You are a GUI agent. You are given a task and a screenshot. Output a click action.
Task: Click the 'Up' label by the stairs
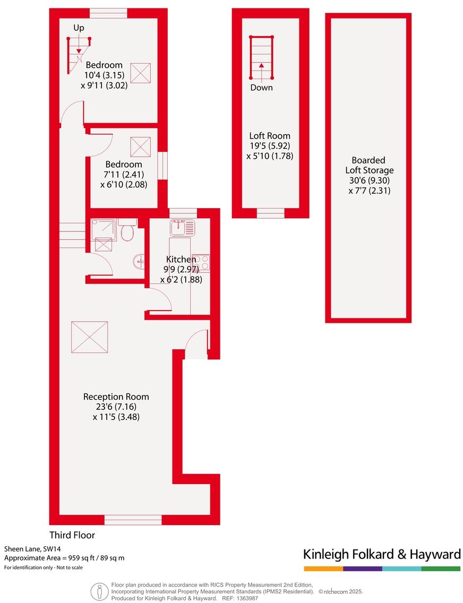coord(78,27)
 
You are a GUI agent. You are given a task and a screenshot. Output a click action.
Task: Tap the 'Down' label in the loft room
coord(261,88)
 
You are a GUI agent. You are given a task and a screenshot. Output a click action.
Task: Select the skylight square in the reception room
coord(89,337)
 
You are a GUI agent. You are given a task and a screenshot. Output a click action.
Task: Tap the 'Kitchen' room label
coord(181,260)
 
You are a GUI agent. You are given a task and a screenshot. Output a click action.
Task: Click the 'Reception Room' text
coord(116,397)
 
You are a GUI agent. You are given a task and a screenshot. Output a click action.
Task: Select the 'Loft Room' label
coord(270,136)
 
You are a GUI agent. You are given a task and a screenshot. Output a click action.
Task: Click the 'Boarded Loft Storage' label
coord(368,165)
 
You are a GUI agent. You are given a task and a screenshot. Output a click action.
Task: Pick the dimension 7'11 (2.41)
coord(124,175)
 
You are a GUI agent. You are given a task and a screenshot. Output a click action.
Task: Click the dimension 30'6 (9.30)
coord(368,180)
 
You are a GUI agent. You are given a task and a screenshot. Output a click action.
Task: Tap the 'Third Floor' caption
coord(72,535)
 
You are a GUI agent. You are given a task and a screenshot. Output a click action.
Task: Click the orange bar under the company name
coord(323,568)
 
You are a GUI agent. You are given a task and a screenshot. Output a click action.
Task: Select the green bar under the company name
coord(441,568)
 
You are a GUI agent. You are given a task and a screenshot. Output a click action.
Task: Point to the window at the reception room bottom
coord(133,520)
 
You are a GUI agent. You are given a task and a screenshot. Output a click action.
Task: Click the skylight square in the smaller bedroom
coord(141,146)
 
